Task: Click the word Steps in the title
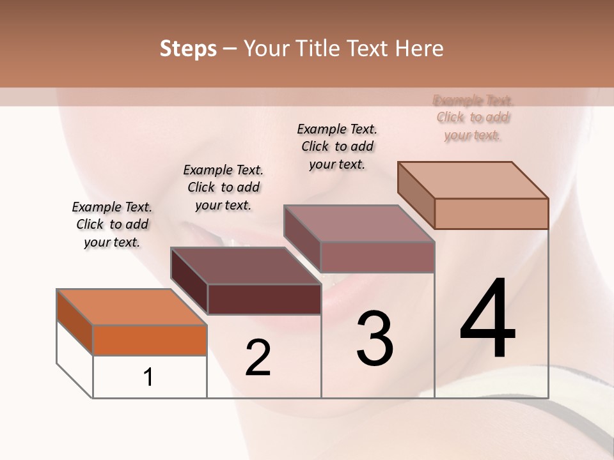(x=188, y=49)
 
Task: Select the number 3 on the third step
(x=375, y=339)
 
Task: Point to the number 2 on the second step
(x=258, y=358)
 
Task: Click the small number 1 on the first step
(x=148, y=377)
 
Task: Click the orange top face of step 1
(x=131, y=307)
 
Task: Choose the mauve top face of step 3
(x=359, y=224)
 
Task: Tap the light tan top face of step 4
(x=473, y=180)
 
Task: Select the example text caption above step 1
(x=112, y=224)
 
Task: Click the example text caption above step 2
(x=223, y=187)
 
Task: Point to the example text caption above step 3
(x=337, y=146)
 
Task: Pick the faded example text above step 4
(x=473, y=118)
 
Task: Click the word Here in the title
(x=420, y=49)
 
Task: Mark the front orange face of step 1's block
(x=150, y=340)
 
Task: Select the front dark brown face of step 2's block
(x=264, y=299)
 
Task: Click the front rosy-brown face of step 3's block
(x=377, y=257)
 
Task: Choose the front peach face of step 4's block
(x=491, y=213)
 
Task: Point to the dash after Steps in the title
(x=230, y=49)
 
